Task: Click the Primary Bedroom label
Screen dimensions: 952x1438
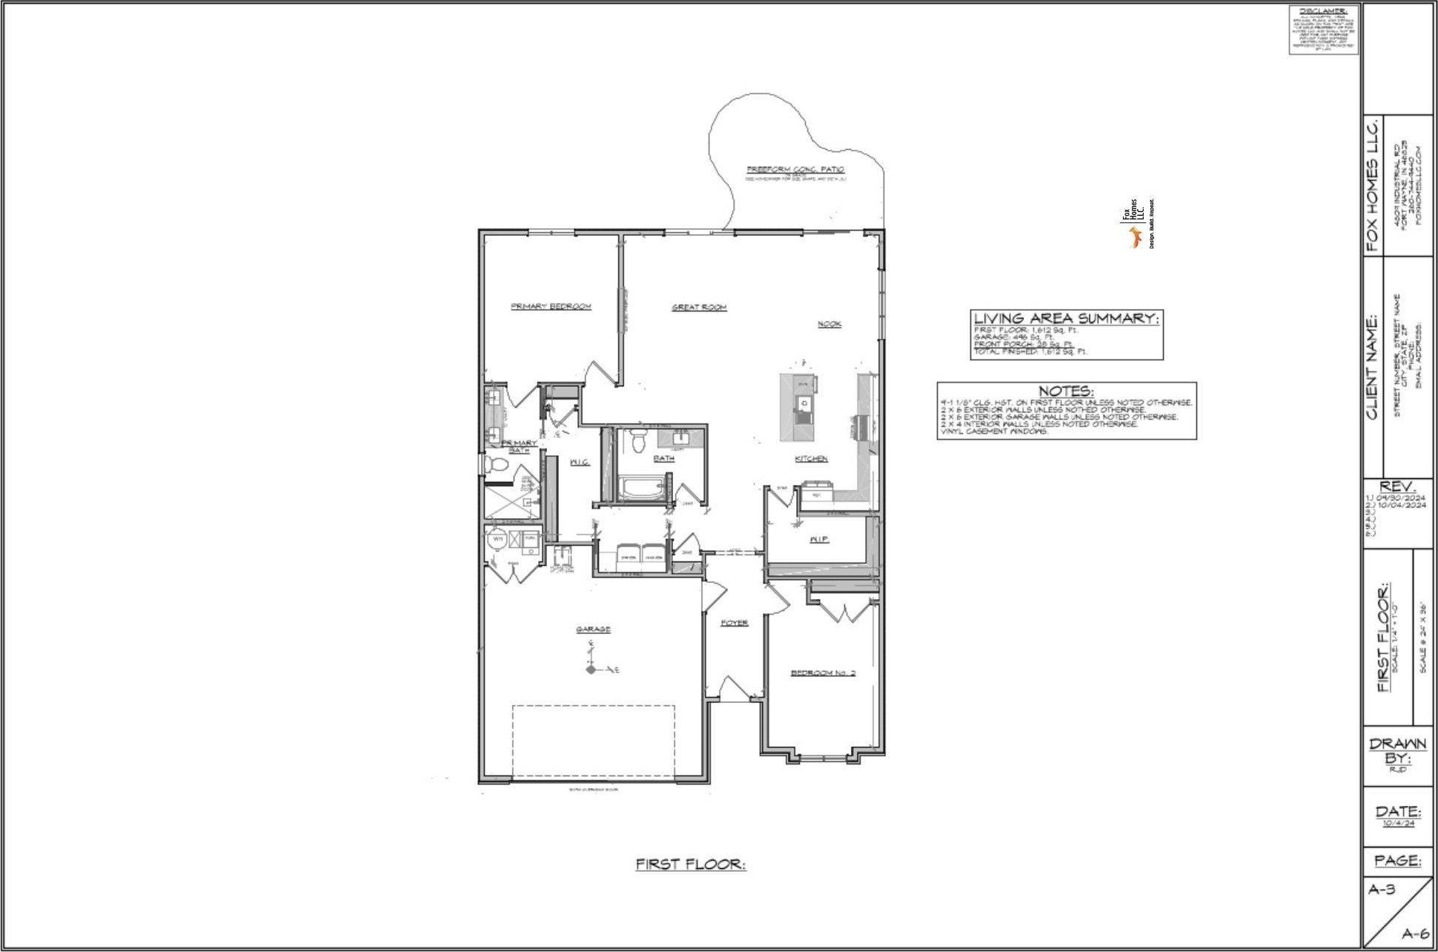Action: click(551, 306)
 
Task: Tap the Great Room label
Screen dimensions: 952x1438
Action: click(698, 307)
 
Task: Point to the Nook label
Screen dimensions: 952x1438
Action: click(829, 324)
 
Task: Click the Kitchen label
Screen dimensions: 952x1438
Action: click(811, 459)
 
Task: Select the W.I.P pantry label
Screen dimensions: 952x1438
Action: click(818, 540)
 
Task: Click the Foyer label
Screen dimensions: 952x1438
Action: click(735, 623)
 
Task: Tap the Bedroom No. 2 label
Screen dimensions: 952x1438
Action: click(823, 673)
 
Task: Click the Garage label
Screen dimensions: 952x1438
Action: click(593, 629)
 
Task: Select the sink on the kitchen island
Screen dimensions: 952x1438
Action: click(803, 403)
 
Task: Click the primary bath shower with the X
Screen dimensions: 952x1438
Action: click(511, 495)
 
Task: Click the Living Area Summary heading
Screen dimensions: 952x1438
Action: click(1066, 318)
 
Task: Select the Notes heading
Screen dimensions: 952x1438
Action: click(1065, 391)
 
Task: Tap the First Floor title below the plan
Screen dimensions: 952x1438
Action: click(690, 865)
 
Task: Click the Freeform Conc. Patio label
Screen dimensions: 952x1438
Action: click(795, 170)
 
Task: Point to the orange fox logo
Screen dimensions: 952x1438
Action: click(1133, 238)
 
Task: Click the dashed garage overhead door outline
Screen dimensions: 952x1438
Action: click(593, 741)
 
